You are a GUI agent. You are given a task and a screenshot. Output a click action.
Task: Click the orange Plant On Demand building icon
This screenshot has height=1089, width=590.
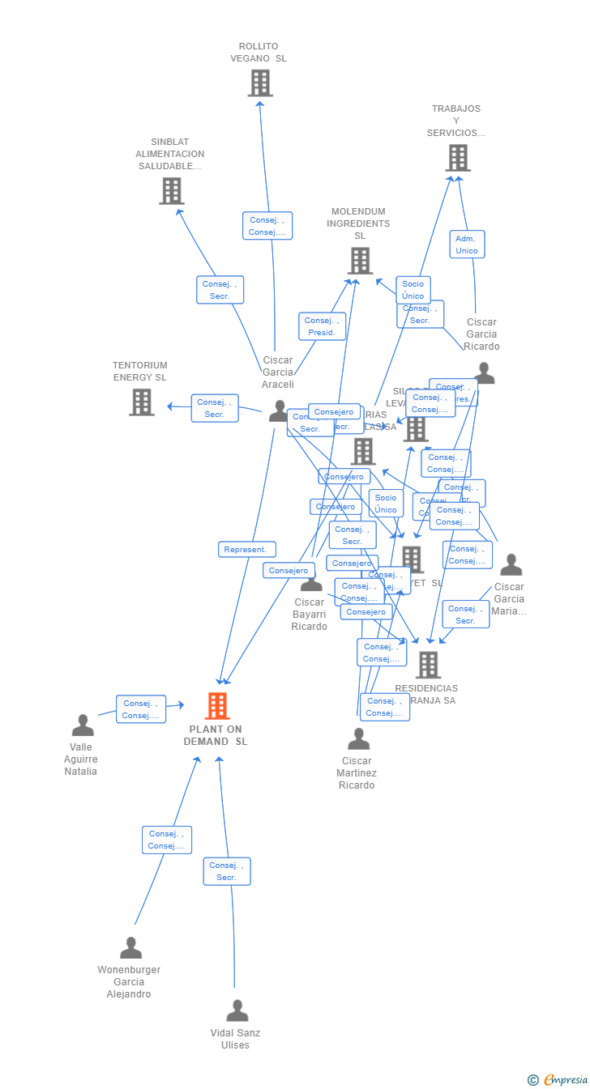216,706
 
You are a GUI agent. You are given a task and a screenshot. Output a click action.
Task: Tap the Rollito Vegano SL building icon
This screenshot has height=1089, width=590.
260,83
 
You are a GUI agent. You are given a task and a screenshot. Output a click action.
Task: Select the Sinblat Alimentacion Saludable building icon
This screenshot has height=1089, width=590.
171,191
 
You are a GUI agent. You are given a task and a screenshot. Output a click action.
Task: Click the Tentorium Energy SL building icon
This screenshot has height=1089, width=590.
141,402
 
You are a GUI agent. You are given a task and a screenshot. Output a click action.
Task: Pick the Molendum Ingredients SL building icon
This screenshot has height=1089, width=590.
360,261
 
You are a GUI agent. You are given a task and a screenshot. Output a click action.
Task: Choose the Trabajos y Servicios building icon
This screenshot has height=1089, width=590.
458,158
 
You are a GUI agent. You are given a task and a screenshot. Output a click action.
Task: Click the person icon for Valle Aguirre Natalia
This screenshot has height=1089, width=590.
82,725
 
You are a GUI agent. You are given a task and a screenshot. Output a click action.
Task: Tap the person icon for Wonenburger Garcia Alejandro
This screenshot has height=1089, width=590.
130,947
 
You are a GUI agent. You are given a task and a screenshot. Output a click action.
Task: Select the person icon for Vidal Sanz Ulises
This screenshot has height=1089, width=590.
237,1010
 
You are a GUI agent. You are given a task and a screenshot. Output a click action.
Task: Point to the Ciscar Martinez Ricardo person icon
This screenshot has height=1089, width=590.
358,738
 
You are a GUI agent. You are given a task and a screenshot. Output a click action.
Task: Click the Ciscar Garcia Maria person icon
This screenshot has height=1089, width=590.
511,564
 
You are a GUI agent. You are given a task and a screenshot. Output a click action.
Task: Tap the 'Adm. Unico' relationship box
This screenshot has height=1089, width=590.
467,245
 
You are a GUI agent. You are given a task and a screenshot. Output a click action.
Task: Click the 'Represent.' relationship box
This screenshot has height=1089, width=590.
246,549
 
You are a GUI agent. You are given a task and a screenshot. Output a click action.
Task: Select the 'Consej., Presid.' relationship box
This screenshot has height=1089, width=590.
322,326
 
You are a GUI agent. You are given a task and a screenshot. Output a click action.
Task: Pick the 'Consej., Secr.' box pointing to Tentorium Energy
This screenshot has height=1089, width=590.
215,408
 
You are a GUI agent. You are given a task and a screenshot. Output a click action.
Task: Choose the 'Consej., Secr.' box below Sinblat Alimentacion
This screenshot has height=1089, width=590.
220,290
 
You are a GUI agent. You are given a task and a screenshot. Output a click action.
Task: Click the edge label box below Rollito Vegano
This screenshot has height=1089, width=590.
267,226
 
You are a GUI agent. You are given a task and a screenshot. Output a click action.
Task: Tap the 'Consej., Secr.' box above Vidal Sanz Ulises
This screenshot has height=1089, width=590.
226,871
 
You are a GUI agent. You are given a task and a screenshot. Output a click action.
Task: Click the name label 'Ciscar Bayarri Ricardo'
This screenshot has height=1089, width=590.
309,615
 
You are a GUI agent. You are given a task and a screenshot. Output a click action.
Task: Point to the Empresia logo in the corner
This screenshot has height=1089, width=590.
558,1079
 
